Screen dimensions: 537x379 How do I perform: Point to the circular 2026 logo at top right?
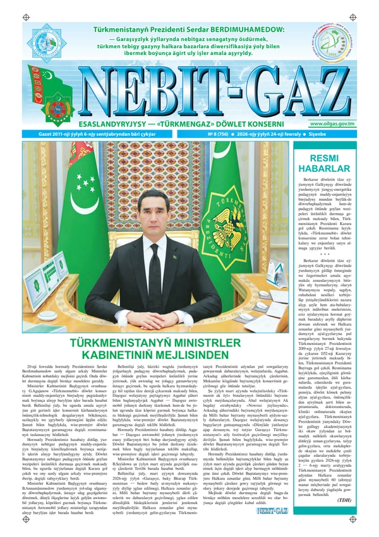pos(338,39)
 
